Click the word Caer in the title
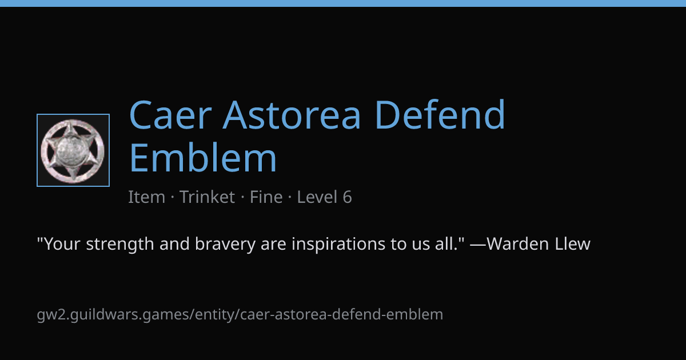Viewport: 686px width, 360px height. [170, 115]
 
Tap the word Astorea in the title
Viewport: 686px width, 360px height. [292, 115]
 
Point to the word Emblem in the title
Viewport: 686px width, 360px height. [203, 157]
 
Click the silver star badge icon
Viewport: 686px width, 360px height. [73, 150]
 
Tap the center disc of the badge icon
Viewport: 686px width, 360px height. [73, 150]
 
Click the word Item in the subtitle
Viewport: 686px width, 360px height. [147, 197]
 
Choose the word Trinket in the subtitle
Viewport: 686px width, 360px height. [207, 197]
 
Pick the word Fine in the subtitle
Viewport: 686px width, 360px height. [266, 197]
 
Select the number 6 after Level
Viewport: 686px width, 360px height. [348, 197]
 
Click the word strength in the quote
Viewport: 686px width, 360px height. [119, 244]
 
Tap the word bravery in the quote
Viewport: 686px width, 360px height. [225, 245]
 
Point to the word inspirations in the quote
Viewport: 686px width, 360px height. [338, 245]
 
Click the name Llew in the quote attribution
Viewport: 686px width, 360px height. [572, 244]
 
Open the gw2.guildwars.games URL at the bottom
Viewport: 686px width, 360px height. [240, 315]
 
